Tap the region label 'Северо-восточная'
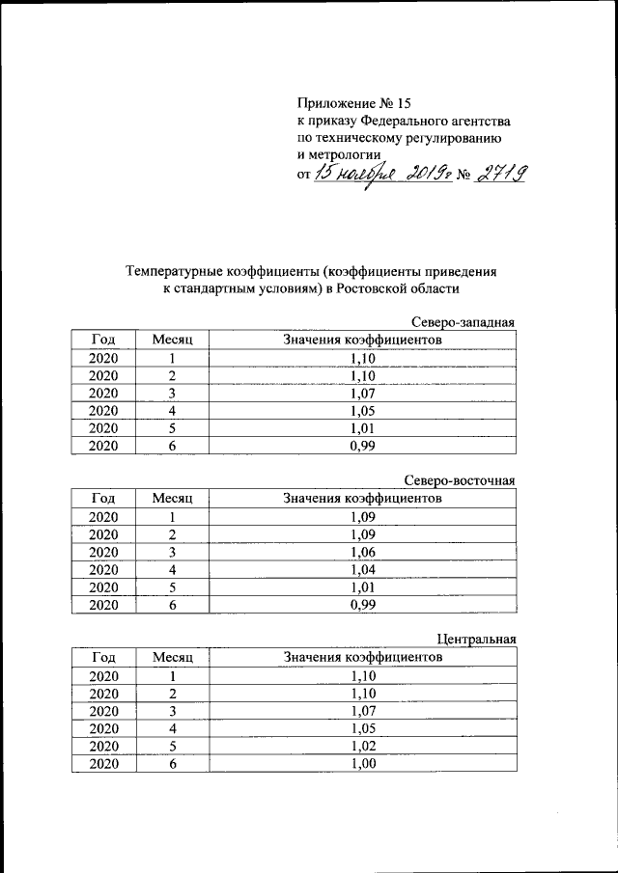(x=460, y=481)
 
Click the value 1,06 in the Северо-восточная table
(x=363, y=552)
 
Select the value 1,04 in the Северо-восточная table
(x=363, y=570)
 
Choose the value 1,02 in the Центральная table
(x=363, y=746)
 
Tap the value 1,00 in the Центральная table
(x=363, y=763)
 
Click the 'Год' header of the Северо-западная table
(x=103, y=340)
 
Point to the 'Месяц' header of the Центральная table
(x=173, y=657)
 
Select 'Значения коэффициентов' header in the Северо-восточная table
(x=363, y=498)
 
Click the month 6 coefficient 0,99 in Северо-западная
(x=363, y=446)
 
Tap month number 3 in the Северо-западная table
(x=173, y=394)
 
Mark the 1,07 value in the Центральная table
(x=363, y=710)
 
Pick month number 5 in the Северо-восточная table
(x=173, y=587)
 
